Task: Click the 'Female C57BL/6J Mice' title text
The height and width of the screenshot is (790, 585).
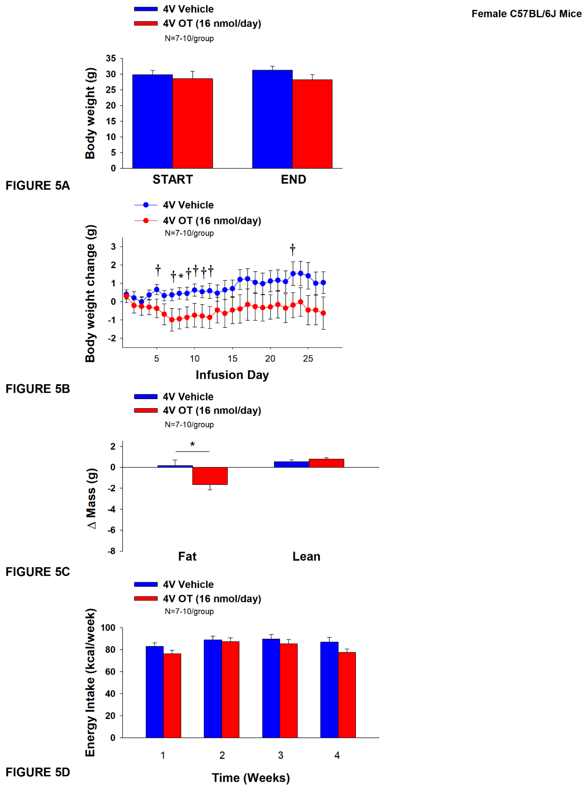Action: point(526,14)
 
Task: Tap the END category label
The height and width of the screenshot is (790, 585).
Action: point(293,179)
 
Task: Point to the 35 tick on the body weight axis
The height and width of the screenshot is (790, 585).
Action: point(111,58)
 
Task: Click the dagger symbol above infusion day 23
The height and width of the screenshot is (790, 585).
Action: point(292,249)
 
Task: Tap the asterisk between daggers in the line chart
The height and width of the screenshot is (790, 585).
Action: point(181,276)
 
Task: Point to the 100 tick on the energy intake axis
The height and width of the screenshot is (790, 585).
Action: point(108,628)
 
